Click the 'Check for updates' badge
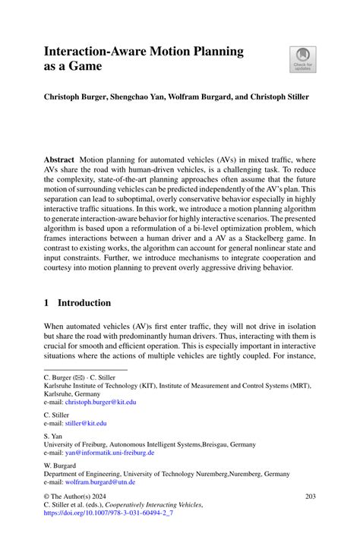click(x=303, y=60)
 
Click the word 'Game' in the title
click(x=84, y=68)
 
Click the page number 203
click(x=310, y=497)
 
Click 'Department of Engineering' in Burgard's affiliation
click(x=84, y=473)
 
